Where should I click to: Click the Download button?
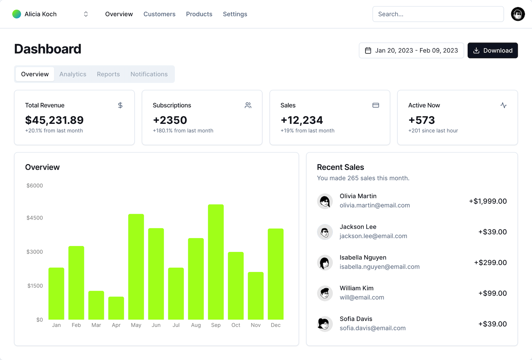[x=493, y=50]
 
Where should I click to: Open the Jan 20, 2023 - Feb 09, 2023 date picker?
[x=411, y=50]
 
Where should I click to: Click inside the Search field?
[x=438, y=14]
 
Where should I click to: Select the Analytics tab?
[x=73, y=74]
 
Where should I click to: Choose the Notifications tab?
[x=149, y=74]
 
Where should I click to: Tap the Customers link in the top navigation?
[x=159, y=14]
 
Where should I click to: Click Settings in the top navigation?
[x=235, y=14]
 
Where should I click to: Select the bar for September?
[x=216, y=262]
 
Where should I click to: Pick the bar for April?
[x=116, y=308]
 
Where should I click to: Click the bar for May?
[x=136, y=266]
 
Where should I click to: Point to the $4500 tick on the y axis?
[x=34, y=218]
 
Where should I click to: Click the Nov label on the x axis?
[x=256, y=325]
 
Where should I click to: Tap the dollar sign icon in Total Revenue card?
[x=120, y=105]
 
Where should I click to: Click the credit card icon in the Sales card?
[x=376, y=105]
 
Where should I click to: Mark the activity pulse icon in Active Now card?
[x=503, y=105]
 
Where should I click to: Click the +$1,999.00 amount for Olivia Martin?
[x=488, y=201]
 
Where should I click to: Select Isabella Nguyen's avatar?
[x=325, y=263]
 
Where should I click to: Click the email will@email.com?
[x=362, y=298]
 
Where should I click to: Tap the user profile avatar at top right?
[x=518, y=14]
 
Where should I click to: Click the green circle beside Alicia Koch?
[x=17, y=14]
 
